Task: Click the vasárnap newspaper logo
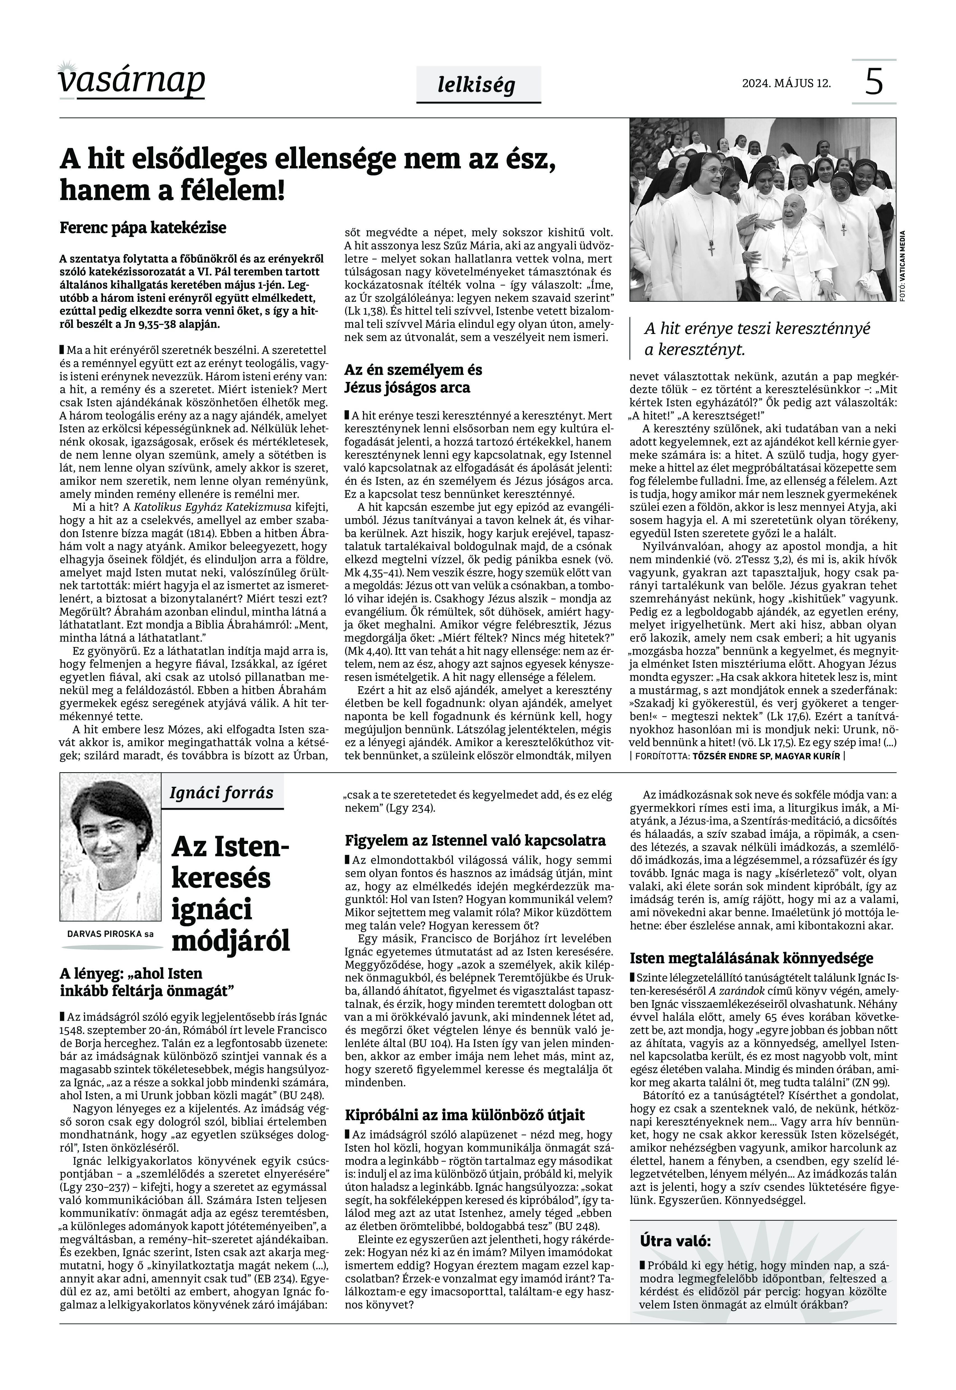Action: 132,81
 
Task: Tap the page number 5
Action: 874,82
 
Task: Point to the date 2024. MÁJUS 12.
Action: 787,83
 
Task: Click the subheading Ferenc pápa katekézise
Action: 143,228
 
